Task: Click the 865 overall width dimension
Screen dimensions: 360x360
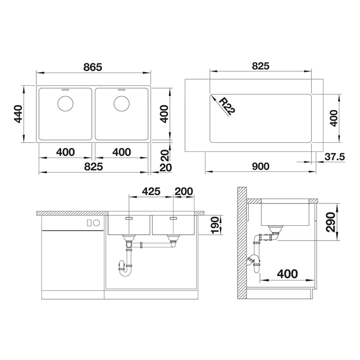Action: pyautogui.click(x=93, y=67)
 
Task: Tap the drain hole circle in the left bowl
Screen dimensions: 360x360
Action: pyautogui.click(x=65, y=103)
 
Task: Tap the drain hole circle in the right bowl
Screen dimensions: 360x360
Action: pyautogui.click(x=121, y=103)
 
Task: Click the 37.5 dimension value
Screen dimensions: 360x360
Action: pyautogui.click(x=335, y=157)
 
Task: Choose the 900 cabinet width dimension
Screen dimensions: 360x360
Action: pyautogui.click(x=261, y=167)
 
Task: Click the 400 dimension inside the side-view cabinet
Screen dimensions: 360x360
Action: pyautogui.click(x=287, y=274)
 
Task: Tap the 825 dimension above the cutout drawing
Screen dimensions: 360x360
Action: pyautogui.click(x=261, y=66)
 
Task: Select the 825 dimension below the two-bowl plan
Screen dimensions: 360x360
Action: pyautogui.click(x=94, y=167)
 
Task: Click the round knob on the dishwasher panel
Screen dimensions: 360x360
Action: pyautogui.click(x=96, y=223)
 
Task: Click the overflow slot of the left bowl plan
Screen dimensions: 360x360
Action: pyautogui.click(x=65, y=90)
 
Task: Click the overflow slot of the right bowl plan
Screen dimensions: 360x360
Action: pyautogui.click(x=121, y=90)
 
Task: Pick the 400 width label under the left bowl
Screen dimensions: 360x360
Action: pyautogui.click(x=66, y=153)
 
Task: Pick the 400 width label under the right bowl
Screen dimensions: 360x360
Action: pyautogui.click(x=122, y=153)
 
